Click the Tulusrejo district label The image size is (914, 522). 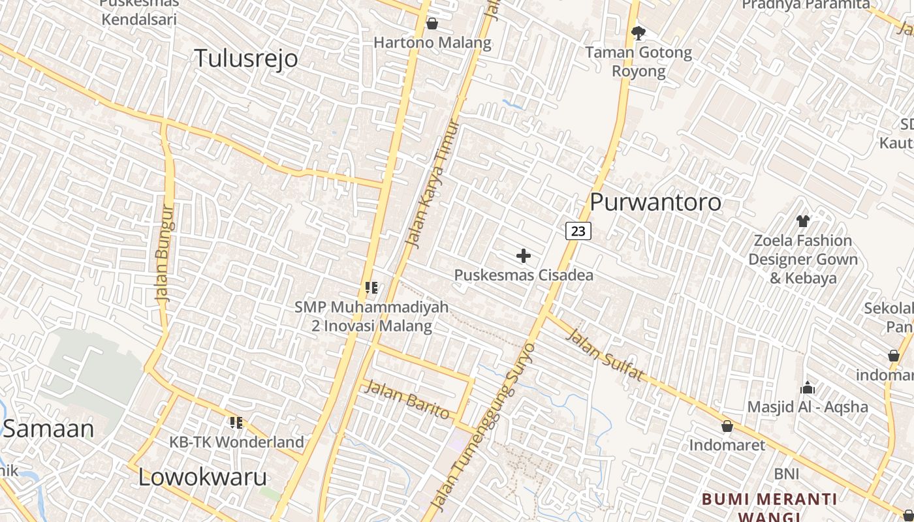[x=246, y=59]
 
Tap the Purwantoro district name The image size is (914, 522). [x=655, y=202]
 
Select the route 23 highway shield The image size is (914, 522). [x=578, y=230]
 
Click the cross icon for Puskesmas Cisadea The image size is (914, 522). [x=523, y=256]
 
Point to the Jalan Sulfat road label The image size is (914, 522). [x=605, y=356]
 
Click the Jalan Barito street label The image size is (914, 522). [x=408, y=399]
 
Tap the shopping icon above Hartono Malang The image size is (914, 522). [x=432, y=24]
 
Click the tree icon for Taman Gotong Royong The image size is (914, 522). [x=638, y=32]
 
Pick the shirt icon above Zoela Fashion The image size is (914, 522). [x=802, y=221]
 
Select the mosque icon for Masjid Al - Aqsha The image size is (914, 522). [x=808, y=388]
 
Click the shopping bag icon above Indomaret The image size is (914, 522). [x=727, y=426]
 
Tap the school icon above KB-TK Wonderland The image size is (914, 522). [x=236, y=423]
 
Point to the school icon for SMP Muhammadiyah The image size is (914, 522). [x=371, y=287]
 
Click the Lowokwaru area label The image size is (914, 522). [x=202, y=478]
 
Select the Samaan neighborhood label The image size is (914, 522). [x=49, y=429]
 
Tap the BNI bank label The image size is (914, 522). [x=787, y=473]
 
